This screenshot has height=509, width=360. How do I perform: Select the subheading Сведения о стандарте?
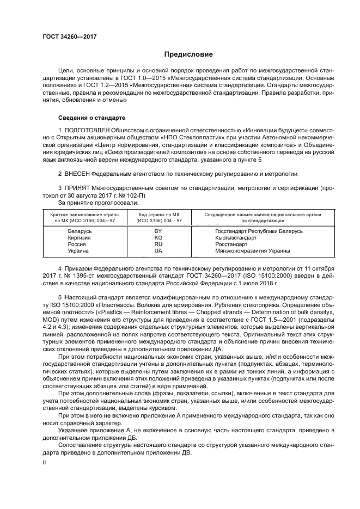tap(91, 118)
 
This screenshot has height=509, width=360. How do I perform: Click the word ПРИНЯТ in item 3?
tap(78, 188)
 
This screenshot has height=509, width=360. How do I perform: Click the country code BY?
tap(158, 231)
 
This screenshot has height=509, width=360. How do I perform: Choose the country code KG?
tap(158, 237)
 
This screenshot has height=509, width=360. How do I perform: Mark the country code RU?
tap(158, 244)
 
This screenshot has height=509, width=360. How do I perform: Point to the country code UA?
tap(158, 250)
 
